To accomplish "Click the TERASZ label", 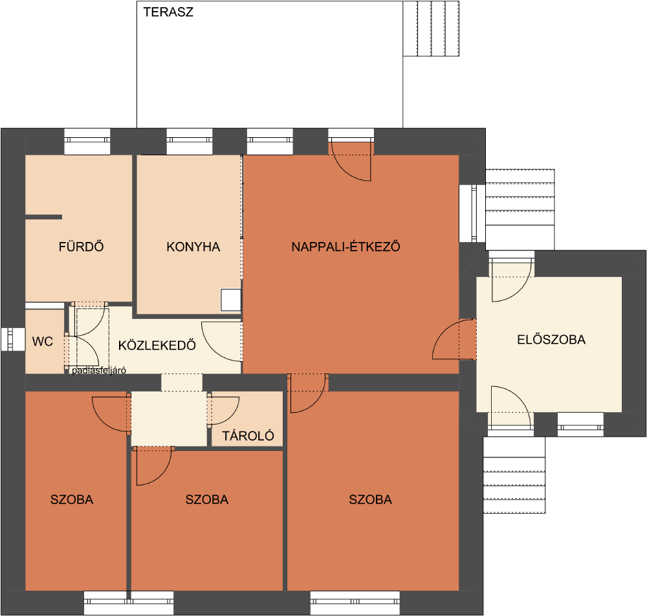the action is (x=168, y=12).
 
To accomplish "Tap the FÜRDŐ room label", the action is (x=82, y=247).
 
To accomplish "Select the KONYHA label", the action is (x=193, y=247).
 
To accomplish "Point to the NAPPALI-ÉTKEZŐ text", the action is (x=345, y=247).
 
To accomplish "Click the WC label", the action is (x=43, y=341).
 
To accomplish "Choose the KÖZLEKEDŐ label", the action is (x=157, y=345).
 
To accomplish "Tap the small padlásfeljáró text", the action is (x=99, y=371).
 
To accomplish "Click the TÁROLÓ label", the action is (x=248, y=435).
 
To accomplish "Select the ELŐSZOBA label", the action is (x=551, y=340).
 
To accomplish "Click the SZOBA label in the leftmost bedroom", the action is (x=72, y=500).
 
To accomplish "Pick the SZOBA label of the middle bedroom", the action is (x=207, y=500).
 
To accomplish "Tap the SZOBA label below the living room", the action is (x=371, y=500).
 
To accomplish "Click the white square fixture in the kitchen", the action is (x=231, y=300).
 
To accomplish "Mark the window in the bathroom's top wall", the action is (x=87, y=142).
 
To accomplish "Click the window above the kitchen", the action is (x=190, y=142).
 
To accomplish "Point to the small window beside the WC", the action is (x=13, y=339).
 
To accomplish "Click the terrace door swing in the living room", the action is (x=351, y=161).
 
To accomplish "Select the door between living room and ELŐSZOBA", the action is (x=454, y=339).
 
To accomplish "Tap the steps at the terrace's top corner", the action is (x=431, y=28).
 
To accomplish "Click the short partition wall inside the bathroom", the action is (x=44, y=217).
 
